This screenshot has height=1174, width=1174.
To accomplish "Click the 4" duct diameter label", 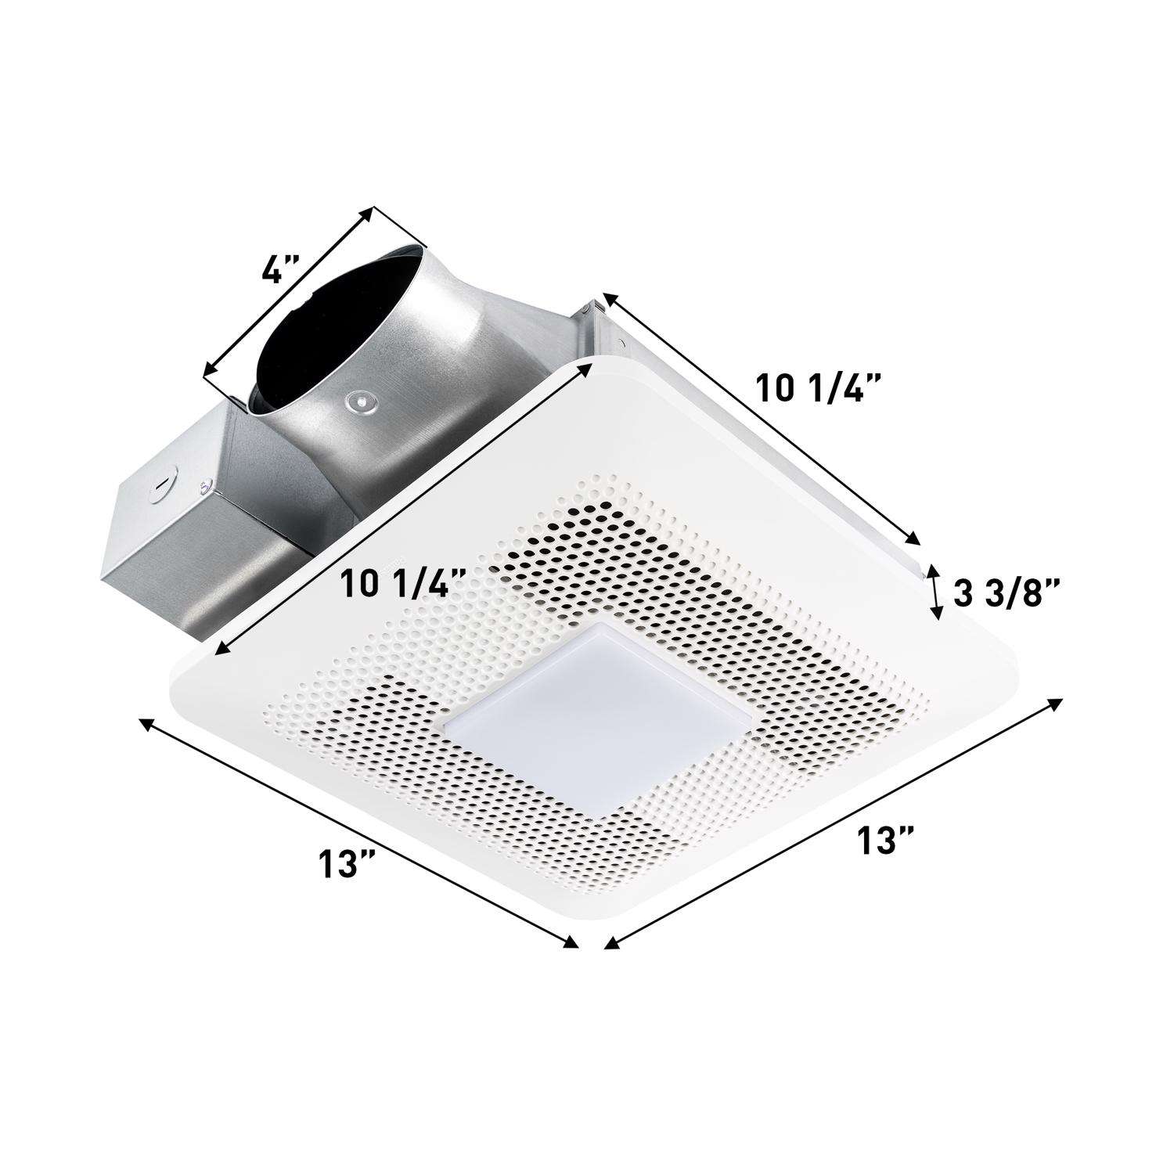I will click(x=281, y=271).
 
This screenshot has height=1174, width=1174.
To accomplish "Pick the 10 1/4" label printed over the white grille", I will click(x=404, y=583).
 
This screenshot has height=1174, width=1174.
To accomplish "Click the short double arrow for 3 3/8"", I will click(x=935, y=592).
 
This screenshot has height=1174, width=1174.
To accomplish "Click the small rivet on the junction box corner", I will click(x=205, y=484).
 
